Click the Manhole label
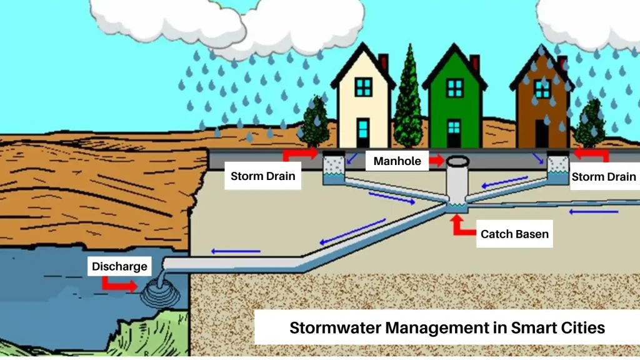(x=397, y=161)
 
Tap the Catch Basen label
(x=514, y=234)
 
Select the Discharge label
(x=119, y=266)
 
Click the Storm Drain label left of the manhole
(x=263, y=176)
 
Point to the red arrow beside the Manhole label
(x=437, y=161)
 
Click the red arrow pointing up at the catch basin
(x=463, y=225)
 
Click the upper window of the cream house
(x=363, y=87)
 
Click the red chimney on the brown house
(x=563, y=62)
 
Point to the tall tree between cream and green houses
(x=408, y=98)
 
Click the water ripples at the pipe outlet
(x=160, y=292)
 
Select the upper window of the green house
(x=454, y=87)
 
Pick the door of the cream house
(x=363, y=132)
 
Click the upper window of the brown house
(x=542, y=89)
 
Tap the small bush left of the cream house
(x=315, y=122)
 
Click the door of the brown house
(x=542, y=134)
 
